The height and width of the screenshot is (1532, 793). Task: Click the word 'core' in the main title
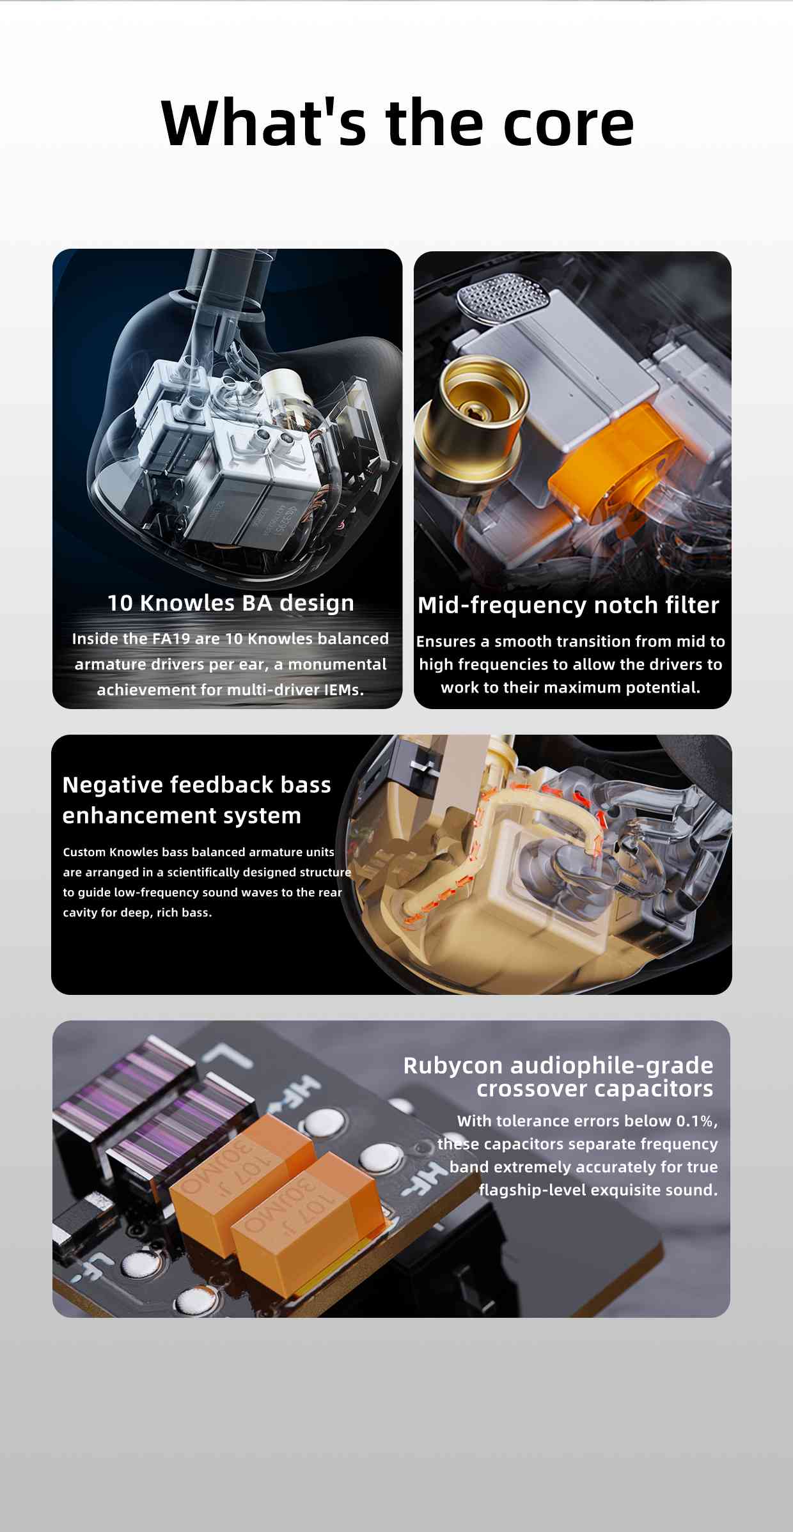click(569, 123)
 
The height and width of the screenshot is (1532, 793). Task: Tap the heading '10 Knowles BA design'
click(230, 603)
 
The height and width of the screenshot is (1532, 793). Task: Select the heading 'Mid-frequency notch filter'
click(569, 605)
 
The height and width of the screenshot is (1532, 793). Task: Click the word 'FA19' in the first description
click(171, 639)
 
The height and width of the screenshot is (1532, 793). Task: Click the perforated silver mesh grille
click(504, 298)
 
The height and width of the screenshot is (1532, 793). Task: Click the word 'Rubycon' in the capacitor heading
click(453, 1066)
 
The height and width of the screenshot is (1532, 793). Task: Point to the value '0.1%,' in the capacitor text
click(697, 1121)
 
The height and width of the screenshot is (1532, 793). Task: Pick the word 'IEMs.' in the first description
click(343, 690)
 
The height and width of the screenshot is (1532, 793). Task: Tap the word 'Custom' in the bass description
click(84, 852)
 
